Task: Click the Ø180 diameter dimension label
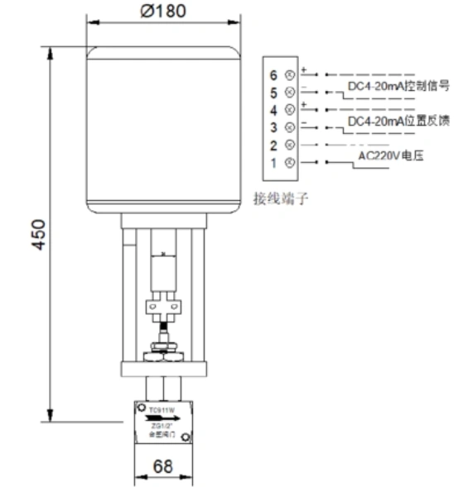(163, 12)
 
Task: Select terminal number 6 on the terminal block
(273, 75)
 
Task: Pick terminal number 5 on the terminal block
(273, 93)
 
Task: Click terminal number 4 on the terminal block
(273, 109)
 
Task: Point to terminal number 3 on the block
(273, 127)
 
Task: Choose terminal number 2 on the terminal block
(273, 145)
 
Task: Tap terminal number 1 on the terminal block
(273, 162)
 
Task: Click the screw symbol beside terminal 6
(289, 75)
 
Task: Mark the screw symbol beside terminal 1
(289, 162)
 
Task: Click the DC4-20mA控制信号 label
(398, 85)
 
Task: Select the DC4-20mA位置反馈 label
(398, 122)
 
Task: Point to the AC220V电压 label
(391, 155)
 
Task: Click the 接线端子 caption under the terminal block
(279, 198)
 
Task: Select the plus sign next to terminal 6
(304, 69)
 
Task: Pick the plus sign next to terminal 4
(304, 103)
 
